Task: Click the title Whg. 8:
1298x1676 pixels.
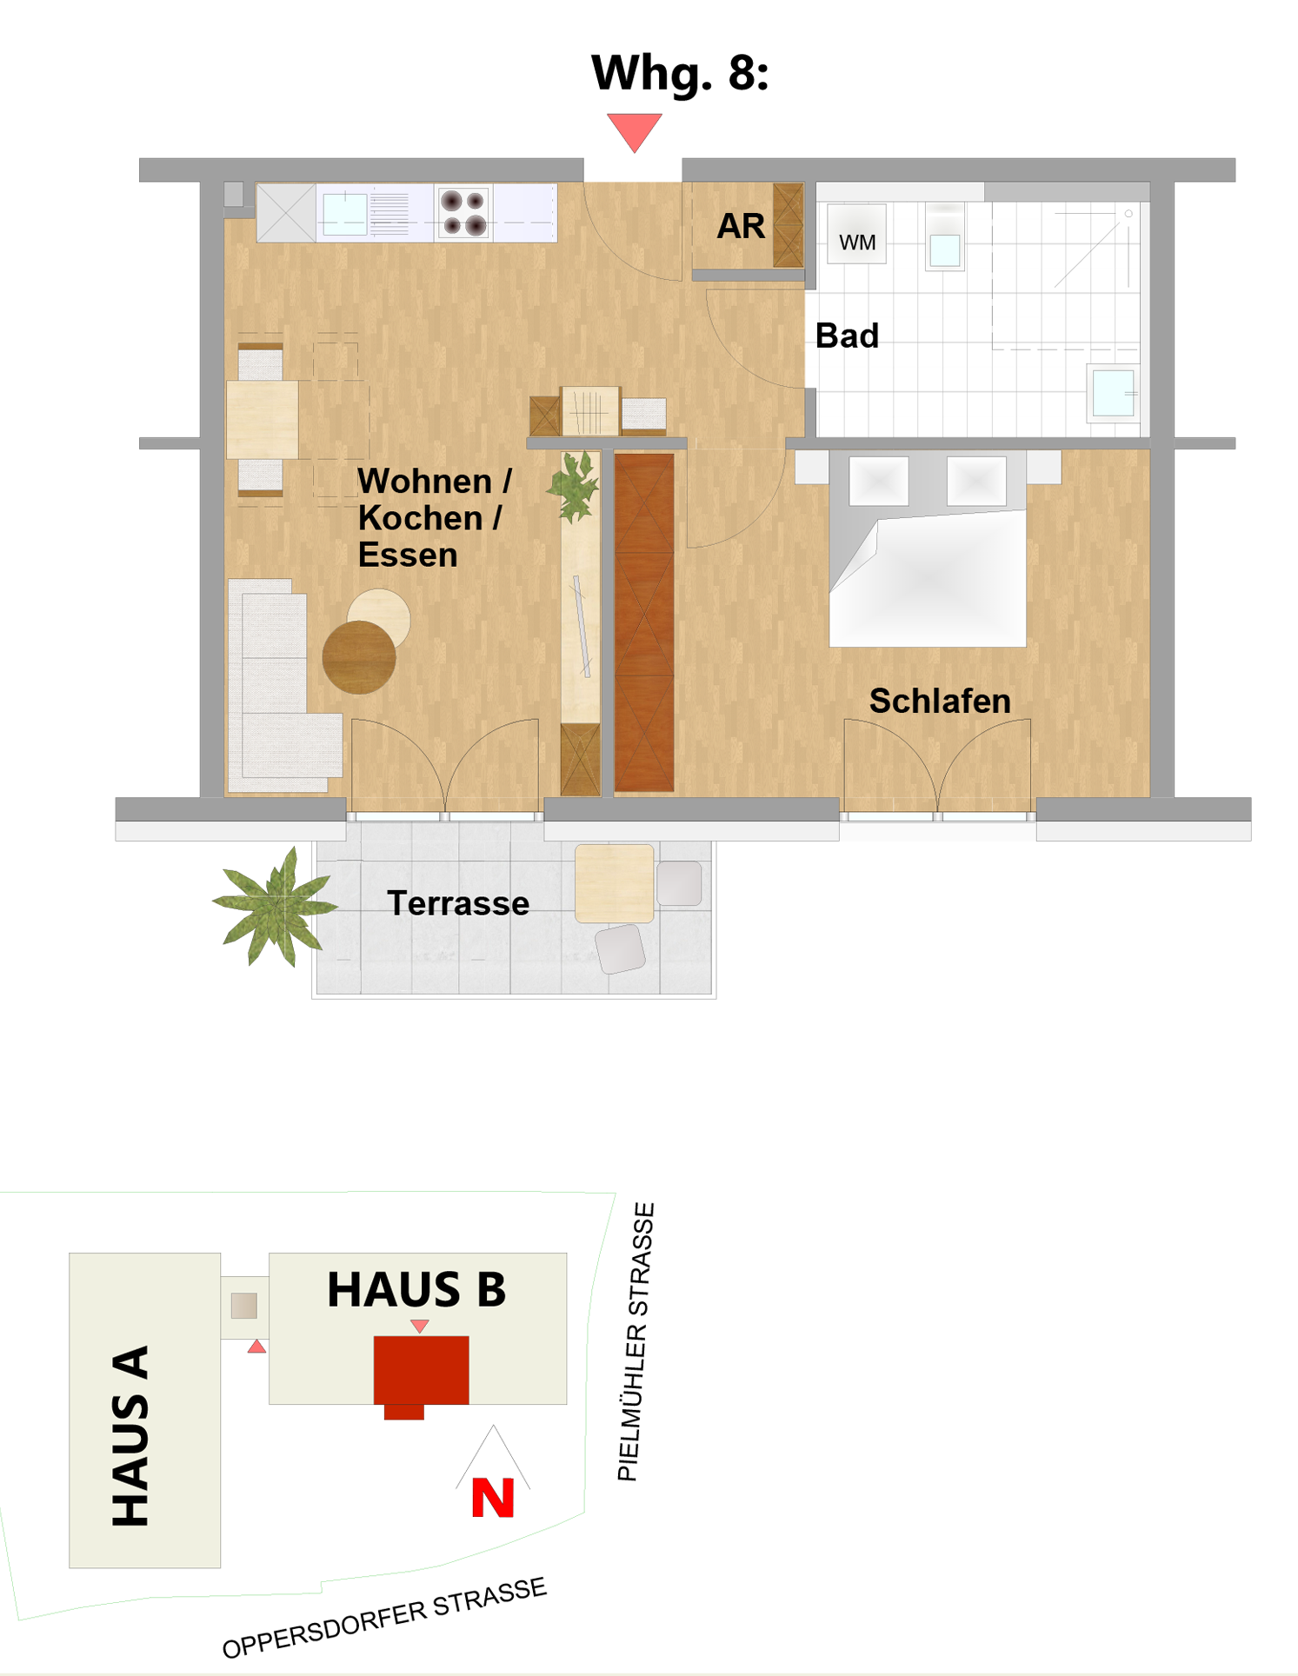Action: [x=680, y=73]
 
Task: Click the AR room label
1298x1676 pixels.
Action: [x=741, y=226]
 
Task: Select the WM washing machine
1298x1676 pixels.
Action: [x=856, y=233]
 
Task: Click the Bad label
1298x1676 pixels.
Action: [x=847, y=336]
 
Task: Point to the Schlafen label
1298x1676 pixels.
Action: [x=940, y=701]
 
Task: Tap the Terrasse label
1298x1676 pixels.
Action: [x=458, y=903]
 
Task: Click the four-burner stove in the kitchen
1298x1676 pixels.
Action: [x=463, y=213]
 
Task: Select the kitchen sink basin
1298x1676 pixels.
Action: [x=344, y=214]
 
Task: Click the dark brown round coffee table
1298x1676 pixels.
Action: [x=359, y=657]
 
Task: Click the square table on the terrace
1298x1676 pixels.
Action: [x=614, y=883]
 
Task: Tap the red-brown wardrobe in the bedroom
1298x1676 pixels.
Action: [x=644, y=622]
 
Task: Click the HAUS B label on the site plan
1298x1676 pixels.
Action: [x=416, y=1289]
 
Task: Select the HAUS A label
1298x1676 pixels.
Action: [x=130, y=1436]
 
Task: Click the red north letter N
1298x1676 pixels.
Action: [x=493, y=1498]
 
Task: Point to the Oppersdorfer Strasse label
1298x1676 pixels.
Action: [x=384, y=1617]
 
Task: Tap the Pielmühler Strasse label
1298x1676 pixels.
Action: [x=636, y=1341]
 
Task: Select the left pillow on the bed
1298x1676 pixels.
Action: [x=879, y=481]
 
